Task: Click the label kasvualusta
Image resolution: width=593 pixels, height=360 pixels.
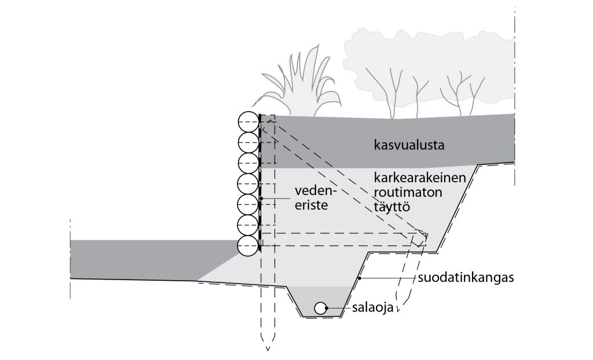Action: pos(409,145)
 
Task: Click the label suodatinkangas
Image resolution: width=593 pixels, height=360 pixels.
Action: pos(466,278)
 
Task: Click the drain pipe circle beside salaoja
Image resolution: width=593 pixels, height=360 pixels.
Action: pos(320,308)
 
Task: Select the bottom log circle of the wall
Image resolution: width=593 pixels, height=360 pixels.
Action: pos(248,245)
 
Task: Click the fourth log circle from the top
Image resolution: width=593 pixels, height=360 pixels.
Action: pos(248,184)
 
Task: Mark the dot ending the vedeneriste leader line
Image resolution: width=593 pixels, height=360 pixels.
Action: pos(262,199)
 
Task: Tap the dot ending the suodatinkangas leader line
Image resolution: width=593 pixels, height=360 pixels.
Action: pos(360,278)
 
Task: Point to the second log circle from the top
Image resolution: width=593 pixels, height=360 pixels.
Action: pos(248,143)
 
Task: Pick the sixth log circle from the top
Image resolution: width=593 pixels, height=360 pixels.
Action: pos(248,225)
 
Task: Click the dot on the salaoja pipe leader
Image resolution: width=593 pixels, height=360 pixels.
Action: pos(327,308)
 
